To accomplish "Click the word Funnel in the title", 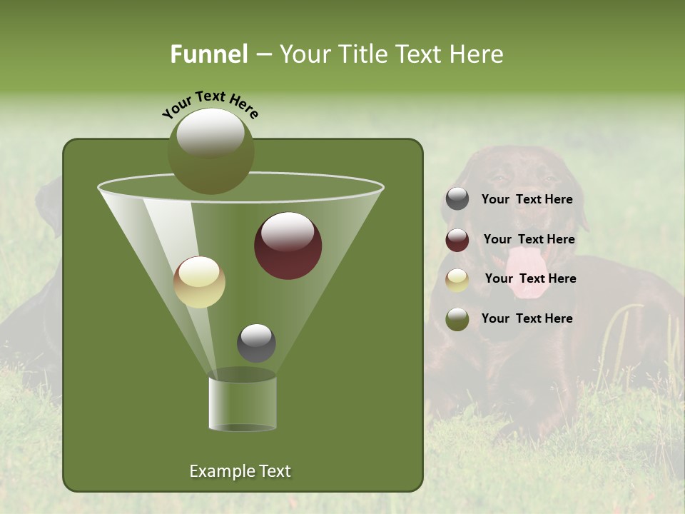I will point(209,54).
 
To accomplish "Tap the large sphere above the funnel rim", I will point(210,151).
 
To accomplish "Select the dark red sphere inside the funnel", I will point(288,246).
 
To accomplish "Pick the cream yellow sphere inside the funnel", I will point(199,282).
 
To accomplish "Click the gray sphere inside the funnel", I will point(256,343).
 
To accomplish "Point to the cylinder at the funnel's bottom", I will point(243,403).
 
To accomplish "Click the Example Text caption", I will point(240,471).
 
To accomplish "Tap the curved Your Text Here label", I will point(210,104).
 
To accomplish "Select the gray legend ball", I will point(457,199).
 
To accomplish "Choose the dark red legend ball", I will point(457,240).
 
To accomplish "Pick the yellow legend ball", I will point(457,280).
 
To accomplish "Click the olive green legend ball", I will point(457,319).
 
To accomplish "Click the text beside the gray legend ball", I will point(527,200).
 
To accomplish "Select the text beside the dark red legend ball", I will point(529,239).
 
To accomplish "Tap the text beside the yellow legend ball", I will point(530,278).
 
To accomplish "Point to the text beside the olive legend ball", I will point(527,318).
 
